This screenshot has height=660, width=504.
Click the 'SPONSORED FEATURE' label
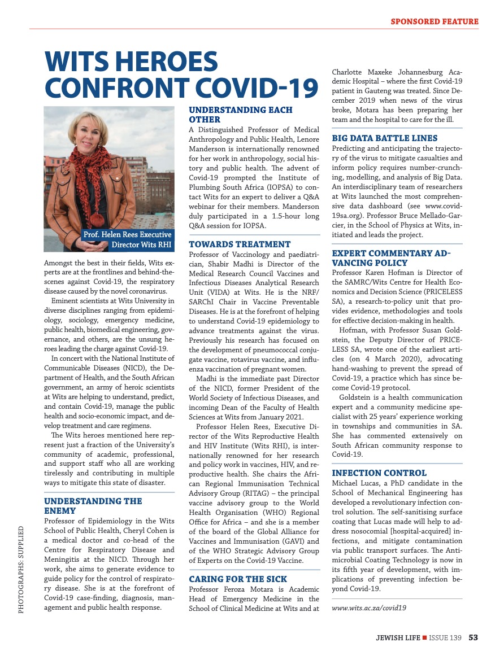435,22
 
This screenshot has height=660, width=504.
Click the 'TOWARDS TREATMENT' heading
240,244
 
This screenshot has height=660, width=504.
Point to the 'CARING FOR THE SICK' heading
238,579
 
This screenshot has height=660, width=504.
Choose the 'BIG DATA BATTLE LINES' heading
384,138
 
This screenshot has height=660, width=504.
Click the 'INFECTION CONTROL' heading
379,473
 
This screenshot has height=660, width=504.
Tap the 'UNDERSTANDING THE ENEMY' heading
93,506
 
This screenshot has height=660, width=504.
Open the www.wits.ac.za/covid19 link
369,608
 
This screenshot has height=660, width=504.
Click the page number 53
473,638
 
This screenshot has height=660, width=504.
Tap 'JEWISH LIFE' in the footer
398,638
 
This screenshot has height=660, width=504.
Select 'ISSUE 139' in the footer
445,638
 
